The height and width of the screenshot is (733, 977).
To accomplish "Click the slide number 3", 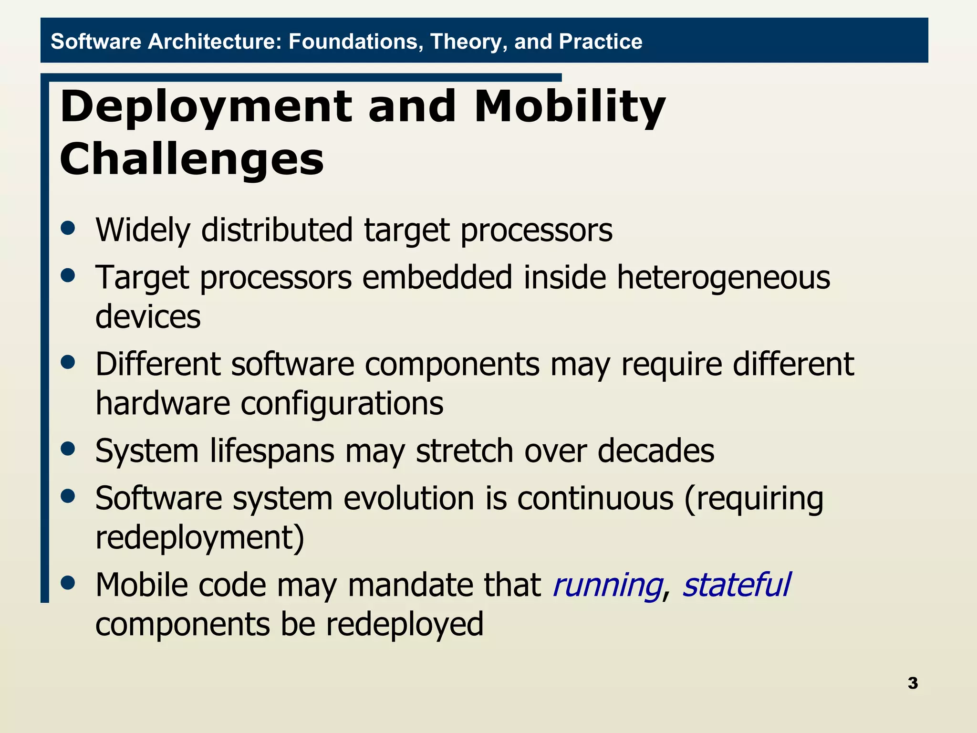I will pos(913,683).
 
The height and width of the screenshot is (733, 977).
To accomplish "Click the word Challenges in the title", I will pos(192,159).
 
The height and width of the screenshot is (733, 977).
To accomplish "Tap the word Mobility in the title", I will pos(570,107).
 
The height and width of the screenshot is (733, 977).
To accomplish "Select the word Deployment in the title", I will pos(206,107).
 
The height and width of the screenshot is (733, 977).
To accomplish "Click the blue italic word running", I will pos(607,586).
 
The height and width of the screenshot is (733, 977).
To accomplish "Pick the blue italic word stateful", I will pos(736,585).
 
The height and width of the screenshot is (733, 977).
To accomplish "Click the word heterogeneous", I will pos(723,277).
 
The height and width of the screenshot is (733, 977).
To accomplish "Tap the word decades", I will pos(656,450).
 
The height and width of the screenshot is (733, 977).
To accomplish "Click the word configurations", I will pos(342,404).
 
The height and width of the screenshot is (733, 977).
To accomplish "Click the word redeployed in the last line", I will pos(405,624).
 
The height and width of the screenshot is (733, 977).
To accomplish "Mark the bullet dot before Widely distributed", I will pos(68,228).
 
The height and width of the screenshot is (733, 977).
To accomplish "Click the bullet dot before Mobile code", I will pos(68,583).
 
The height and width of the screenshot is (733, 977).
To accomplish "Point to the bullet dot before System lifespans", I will pos(68,449).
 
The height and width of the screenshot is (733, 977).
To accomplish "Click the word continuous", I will pos(595,498).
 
